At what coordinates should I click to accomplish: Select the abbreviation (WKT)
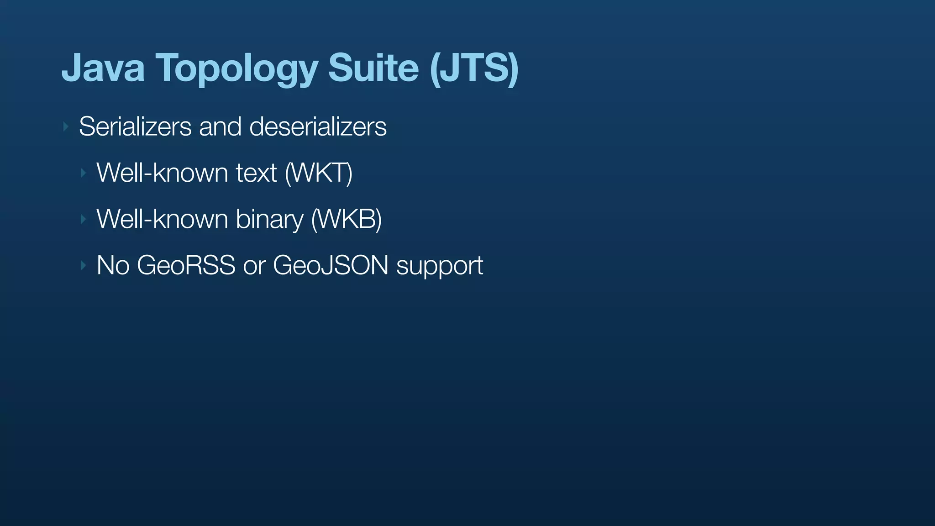coord(319,173)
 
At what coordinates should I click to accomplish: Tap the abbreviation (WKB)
coord(346,219)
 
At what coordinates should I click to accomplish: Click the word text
coord(256,173)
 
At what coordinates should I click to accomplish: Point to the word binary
coord(269,220)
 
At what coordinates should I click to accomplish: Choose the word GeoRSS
coord(186,265)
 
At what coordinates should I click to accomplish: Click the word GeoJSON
coord(331,265)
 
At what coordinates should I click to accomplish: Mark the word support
coord(440,266)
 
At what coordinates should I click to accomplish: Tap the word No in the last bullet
coord(113,265)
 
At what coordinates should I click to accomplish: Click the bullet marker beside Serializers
coord(66,126)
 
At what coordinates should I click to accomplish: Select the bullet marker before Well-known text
coord(83,173)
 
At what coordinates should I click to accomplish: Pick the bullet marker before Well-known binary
coord(83,219)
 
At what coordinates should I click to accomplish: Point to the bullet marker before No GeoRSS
coord(83,265)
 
